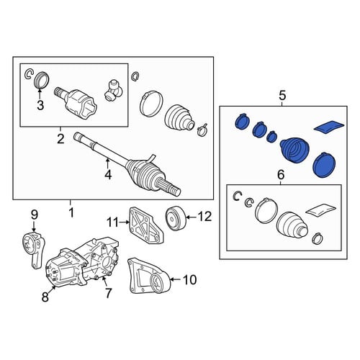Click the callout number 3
[x=40, y=105]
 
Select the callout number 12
[x=204, y=217]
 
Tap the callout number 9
[x=34, y=215]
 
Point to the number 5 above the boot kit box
[x=282, y=96]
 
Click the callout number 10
[x=190, y=279]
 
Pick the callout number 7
[x=108, y=293]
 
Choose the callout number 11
[x=113, y=222]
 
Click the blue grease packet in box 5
[x=329, y=127]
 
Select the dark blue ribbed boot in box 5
[x=294, y=150]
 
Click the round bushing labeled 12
[x=176, y=218]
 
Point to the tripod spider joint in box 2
[x=114, y=90]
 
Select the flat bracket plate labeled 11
[x=146, y=225]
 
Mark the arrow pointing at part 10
[x=176, y=279]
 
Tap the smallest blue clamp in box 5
[x=272, y=137]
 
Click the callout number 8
[x=45, y=297]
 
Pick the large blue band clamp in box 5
[x=325, y=166]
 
